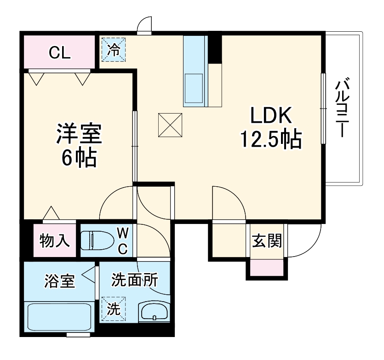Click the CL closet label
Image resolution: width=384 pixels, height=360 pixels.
point(60,53)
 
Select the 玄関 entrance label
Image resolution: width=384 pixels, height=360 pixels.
point(267,240)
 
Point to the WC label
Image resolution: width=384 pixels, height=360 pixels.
point(123,240)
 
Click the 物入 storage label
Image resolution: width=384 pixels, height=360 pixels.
point(55,240)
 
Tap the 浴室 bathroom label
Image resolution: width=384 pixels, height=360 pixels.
point(59,280)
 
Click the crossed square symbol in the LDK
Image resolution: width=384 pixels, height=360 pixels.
point(170,125)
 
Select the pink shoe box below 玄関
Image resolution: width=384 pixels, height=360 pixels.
point(267,267)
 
